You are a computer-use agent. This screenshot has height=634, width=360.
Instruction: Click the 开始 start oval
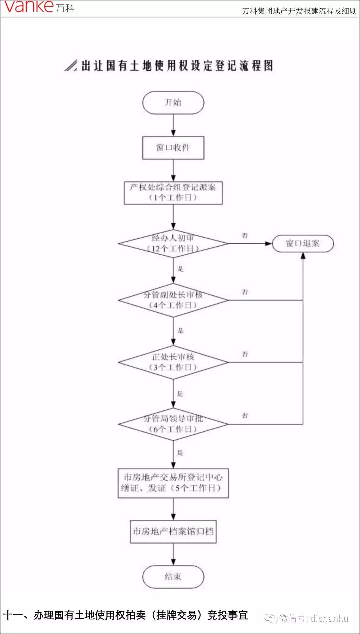173,103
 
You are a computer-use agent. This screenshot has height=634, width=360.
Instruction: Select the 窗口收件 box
173,148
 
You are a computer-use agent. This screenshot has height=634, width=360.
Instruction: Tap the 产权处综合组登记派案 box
173,193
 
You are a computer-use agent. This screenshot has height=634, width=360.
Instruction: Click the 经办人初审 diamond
173,243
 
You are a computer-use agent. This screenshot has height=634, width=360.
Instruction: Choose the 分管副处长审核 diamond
173,300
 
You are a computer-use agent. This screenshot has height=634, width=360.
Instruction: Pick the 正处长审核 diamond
173,362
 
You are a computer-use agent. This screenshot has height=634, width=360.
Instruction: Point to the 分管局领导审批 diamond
173,424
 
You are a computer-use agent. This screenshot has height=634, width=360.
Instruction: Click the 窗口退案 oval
303,244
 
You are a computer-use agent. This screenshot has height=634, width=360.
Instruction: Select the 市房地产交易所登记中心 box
173,483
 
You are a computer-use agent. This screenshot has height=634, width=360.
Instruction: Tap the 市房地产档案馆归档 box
173,531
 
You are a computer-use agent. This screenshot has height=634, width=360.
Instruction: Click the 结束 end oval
173,577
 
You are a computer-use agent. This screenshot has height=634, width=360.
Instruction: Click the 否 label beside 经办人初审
245,236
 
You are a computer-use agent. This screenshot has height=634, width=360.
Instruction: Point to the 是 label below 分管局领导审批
180,452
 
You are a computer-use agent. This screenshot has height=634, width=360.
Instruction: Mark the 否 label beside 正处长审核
245,354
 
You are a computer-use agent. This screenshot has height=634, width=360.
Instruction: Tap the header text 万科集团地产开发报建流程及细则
299,11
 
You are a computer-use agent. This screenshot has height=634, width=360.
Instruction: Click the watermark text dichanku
329,619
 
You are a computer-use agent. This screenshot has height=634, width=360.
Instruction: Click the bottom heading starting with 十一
125,615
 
